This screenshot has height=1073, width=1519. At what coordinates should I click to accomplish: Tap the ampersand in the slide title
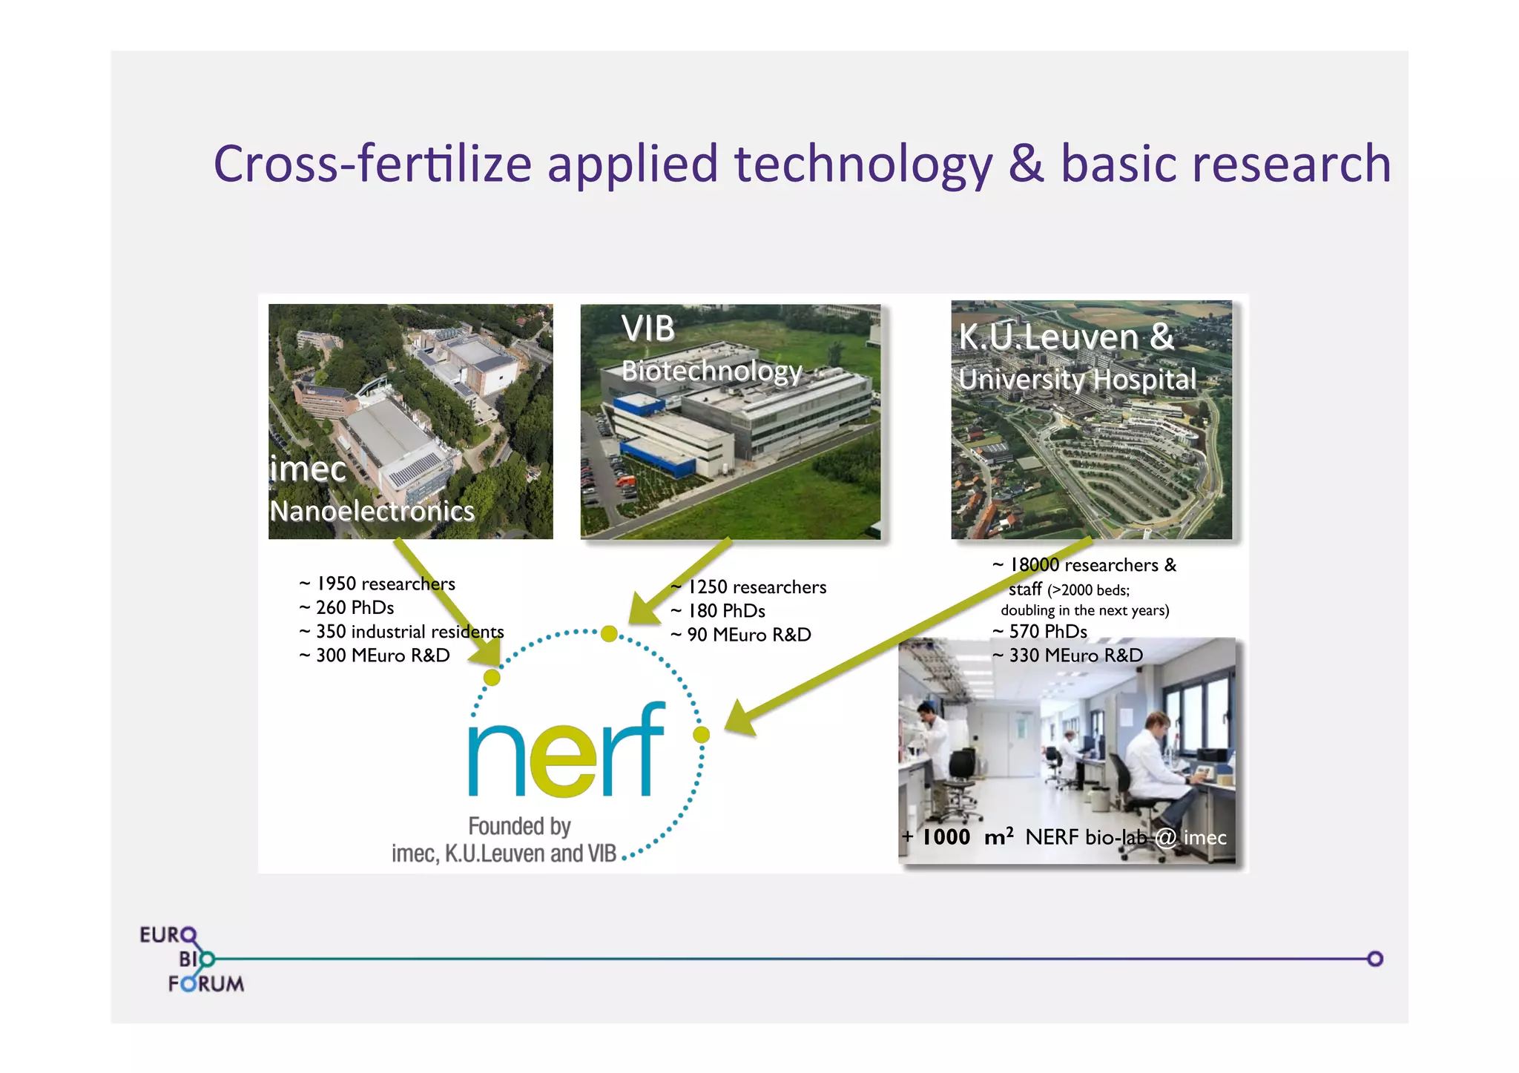pyautogui.click(x=1026, y=164)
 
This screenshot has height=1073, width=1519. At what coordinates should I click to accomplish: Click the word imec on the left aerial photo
pyautogui.click(x=308, y=469)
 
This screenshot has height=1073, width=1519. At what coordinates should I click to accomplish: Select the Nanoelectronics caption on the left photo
pyautogui.click(x=372, y=511)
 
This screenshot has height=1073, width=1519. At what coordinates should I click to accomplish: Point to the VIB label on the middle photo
pyautogui.click(x=648, y=328)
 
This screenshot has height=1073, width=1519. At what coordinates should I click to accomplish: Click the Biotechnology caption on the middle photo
pyautogui.click(x=711, y=371)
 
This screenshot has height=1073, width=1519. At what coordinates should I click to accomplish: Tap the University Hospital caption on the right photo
pyautogui.click(x=1077, y=380)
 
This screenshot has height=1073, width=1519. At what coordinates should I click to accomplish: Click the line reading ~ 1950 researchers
pyautogui.click(x=378, y=584)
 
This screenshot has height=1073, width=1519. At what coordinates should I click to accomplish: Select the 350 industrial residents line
pyautogui.click(x=402, y=632)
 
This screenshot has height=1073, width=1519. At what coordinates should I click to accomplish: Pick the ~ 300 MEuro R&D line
pyautogui.click(x=375, y=656)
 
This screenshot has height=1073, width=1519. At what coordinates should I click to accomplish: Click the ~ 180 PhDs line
pyautogui.click(x=718, y=611)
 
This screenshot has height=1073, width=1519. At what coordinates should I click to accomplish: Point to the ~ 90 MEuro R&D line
pyautogui.click(x=741, y=635)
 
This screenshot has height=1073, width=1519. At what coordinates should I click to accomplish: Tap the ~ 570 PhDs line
pyautogui.click(x=1040, y=632)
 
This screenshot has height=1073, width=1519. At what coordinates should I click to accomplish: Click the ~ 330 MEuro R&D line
pyautogui.click(x=1068, y=656)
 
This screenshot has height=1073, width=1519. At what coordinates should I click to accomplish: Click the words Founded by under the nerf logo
pyautogui.click(x=519, y=826)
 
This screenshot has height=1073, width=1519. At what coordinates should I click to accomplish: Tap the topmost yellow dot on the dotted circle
pyautogui.click(x=609, y=633)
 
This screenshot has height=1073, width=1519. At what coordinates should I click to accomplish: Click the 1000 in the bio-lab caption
pyautogui.click(x=946, y=837)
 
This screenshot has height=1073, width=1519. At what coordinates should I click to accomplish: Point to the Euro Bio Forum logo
pyautogui.click(x=191, y=959)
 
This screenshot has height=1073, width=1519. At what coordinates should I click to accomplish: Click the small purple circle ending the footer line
pyautogui.click(x=1375, y=959)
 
